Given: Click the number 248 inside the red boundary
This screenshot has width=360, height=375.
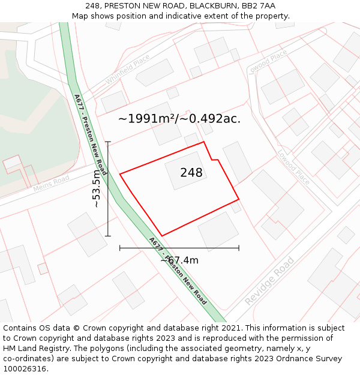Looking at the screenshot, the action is (x=191, y=173).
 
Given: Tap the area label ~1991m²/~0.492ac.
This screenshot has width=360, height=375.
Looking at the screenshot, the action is (x=179, y=119).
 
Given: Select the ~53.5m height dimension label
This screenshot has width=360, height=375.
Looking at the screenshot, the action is (x=97, y=188).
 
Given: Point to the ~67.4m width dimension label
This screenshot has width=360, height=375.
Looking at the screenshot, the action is (x=179, y=260).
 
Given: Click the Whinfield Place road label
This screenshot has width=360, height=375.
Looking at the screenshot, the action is (x=127, y=70).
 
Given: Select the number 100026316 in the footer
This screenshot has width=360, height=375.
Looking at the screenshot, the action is (x=25, y=369).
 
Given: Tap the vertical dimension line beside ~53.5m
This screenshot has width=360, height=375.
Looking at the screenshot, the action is (x=108, y=188).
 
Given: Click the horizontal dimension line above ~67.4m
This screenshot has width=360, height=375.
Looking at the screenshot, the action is (x=179, y=247).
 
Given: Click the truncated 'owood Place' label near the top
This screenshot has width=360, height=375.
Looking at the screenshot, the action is (x=269, y=62).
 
